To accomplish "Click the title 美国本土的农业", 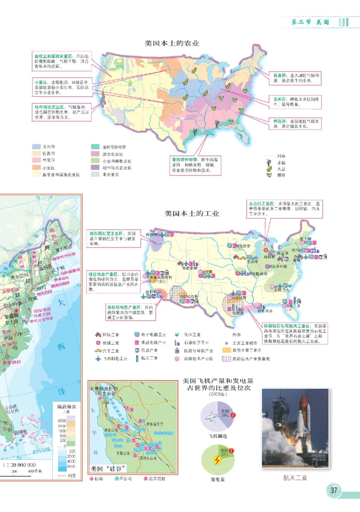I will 171,44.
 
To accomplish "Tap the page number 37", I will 333,490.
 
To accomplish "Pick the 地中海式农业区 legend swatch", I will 95,167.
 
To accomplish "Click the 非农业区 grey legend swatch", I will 95,174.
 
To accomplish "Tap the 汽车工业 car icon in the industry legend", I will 98,350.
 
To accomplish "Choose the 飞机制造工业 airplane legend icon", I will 98,359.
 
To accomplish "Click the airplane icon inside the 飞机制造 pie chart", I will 211,416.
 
